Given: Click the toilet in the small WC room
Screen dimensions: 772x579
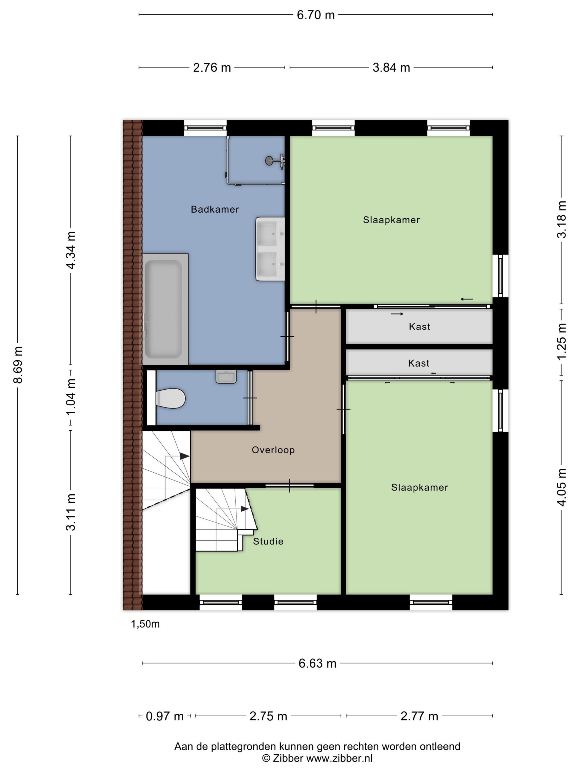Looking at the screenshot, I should coord(170,398).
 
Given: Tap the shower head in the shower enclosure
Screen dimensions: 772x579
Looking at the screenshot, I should coord(270,160).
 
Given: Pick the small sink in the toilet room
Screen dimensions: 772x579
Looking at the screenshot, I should coord(226,377).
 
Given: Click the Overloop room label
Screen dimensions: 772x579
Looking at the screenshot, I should coord(273,450).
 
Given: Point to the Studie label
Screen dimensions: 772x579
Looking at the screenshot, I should coord(268,541).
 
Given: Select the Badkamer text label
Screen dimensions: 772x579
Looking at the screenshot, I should coord(215,209).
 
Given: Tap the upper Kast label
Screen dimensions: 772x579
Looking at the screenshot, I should coord(419,327).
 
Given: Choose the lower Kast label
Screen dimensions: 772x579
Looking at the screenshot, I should coord(419,363).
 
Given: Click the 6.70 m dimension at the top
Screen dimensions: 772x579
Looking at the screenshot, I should coord(315,15).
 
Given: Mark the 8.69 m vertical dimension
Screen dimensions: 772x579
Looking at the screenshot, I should coord(18,365).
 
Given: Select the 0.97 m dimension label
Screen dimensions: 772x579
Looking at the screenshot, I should coord(164,716).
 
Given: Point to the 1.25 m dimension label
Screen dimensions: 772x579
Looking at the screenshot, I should coord(561,341).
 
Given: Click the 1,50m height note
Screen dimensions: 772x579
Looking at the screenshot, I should coord(145,624).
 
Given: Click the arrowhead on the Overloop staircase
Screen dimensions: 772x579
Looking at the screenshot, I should coord(185,456).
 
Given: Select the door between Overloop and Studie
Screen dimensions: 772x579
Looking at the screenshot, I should coord(289,486).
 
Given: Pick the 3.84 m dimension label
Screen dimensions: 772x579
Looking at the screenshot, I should coord(391,68).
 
